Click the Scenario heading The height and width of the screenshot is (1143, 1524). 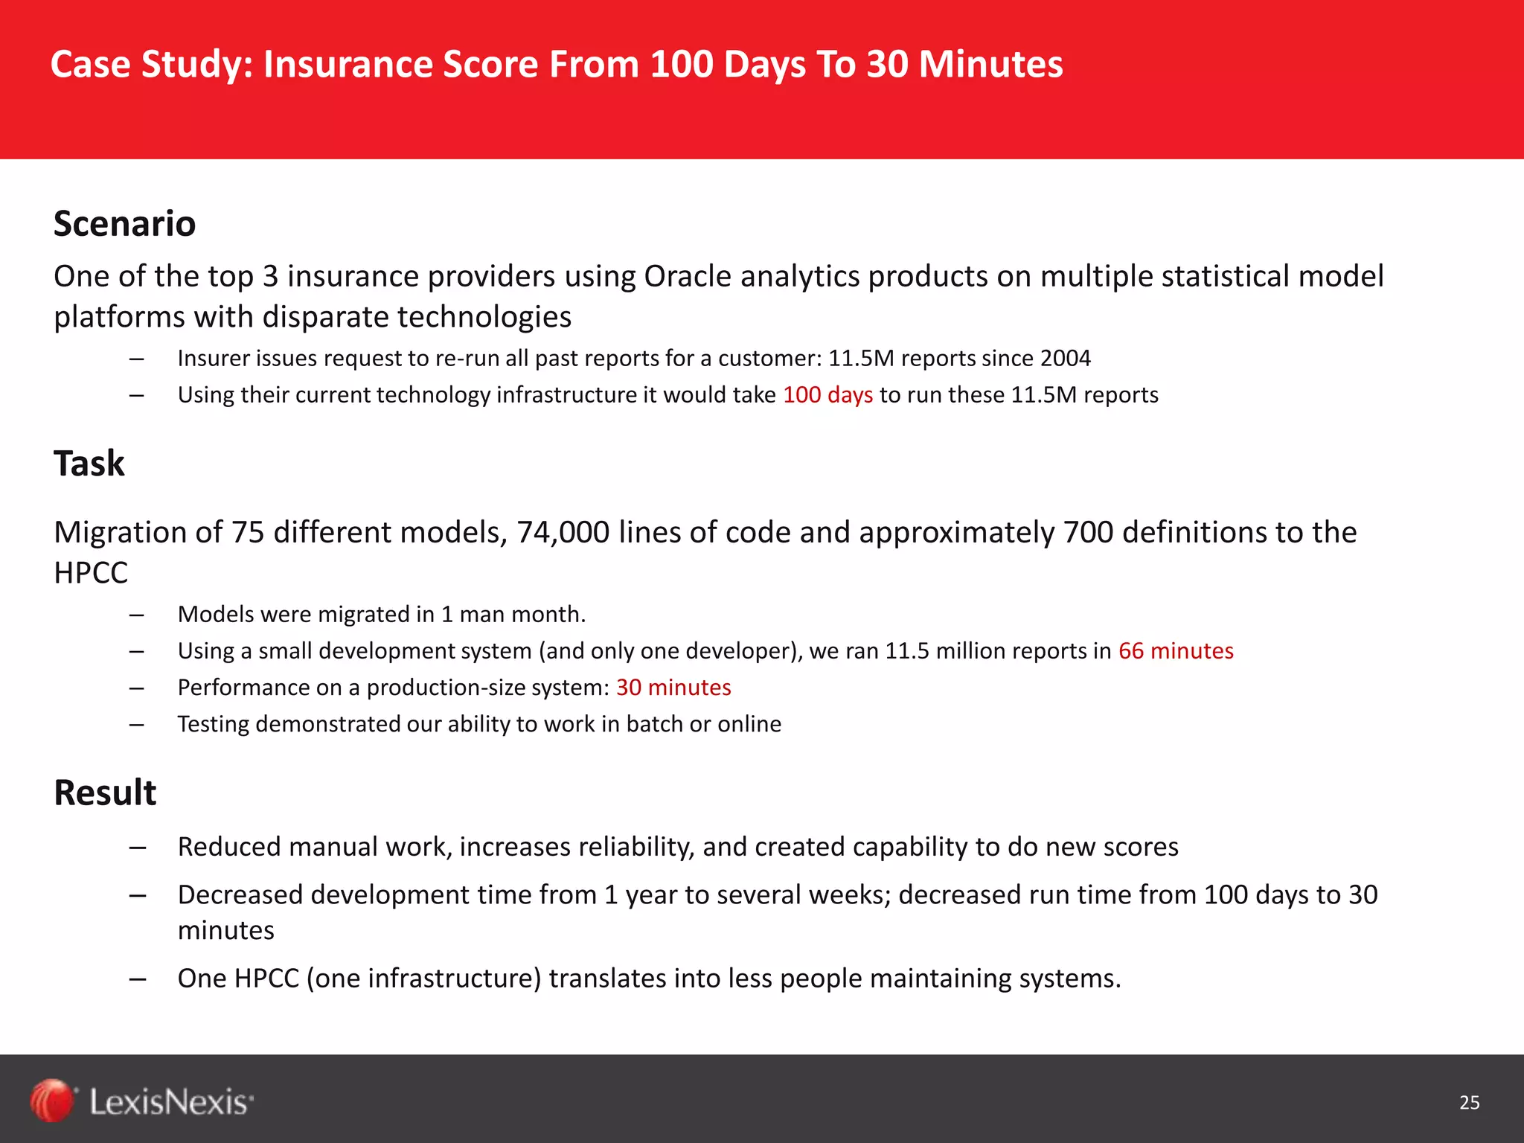point(124,224)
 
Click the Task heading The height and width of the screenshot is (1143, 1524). point(89,464)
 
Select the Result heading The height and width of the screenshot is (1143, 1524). point(105,793)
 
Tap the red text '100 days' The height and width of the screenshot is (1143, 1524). point(827,394)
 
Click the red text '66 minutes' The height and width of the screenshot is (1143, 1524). point(1176,651)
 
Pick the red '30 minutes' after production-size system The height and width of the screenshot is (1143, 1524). point(673,688)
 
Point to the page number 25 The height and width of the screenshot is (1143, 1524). point(1469,1103)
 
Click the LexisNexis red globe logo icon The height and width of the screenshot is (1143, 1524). point(52,1101)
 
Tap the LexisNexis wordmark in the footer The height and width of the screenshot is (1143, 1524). point(171,1102)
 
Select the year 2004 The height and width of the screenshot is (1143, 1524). point(1065,359)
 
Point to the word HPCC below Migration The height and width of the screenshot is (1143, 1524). point(91,573)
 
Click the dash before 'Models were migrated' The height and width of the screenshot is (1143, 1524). point(136,615)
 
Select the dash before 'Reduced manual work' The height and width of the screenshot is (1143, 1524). point(136,848)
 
